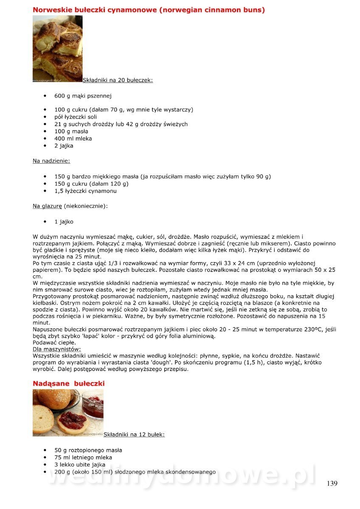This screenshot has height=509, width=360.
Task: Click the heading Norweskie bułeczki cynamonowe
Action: point(149,10)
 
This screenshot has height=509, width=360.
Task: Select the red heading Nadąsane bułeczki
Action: point(69,383)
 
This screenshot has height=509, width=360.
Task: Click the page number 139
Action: point(332,483)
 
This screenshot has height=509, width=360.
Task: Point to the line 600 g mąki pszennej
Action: point(83,96)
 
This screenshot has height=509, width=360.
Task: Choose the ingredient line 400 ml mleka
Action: point(73,138)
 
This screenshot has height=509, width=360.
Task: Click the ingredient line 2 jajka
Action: point(64,145)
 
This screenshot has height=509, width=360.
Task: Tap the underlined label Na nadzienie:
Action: point(51,161)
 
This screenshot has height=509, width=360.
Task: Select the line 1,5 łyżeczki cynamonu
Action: point(85,191)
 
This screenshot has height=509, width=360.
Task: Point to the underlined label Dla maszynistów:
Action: point(56,349)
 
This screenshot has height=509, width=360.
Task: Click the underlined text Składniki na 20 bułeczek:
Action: point(118,80)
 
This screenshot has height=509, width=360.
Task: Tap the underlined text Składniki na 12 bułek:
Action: point(134,434)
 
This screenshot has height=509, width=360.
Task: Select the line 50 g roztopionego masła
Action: point(88,450)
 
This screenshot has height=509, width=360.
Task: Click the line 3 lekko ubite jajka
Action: point(83,464)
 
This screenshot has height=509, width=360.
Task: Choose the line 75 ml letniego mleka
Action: point(83,457)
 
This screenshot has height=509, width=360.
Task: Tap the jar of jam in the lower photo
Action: point(93,405)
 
